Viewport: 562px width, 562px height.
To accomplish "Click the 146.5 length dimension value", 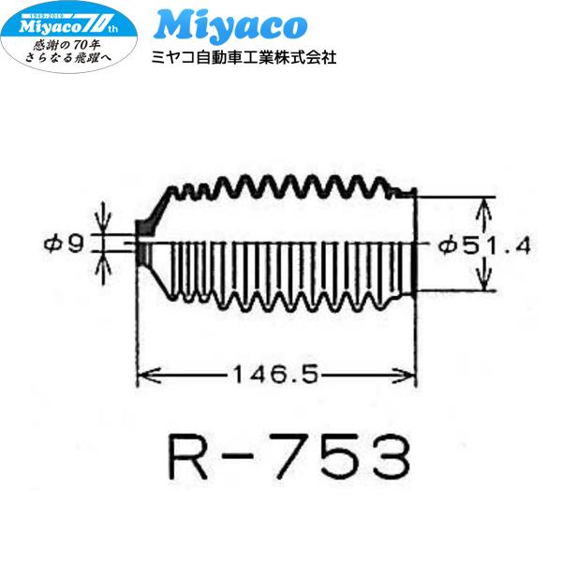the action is [275, 374].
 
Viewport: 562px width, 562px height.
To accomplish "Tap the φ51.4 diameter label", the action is [485, 246].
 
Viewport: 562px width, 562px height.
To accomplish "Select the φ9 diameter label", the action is [64, 244].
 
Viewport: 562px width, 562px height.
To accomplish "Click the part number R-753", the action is [288, 456].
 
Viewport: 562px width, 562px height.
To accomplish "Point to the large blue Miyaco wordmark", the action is [230, 25].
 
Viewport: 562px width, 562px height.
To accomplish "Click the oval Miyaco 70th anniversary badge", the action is [68, 37].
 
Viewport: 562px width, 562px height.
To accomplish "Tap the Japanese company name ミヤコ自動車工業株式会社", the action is [244, 57].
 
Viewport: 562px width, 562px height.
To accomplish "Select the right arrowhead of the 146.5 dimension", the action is [405, 376].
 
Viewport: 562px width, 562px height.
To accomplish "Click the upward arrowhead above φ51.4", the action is [484, 209].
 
